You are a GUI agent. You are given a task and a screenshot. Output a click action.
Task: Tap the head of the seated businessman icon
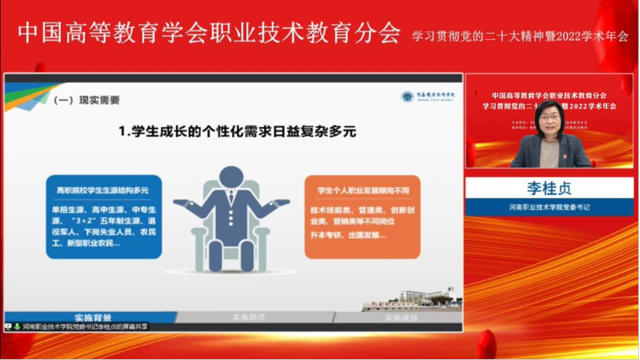click(232, 179)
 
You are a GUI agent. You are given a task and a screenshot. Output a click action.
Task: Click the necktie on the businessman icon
click(231, 204)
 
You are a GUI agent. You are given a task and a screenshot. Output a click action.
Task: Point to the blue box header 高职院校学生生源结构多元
click(102, 191)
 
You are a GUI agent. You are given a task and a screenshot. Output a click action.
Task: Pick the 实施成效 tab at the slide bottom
click(401, 317)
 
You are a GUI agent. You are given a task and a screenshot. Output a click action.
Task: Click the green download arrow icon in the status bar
click(16, 326)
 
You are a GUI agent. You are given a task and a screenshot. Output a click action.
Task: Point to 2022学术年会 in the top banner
click(592, 36)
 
